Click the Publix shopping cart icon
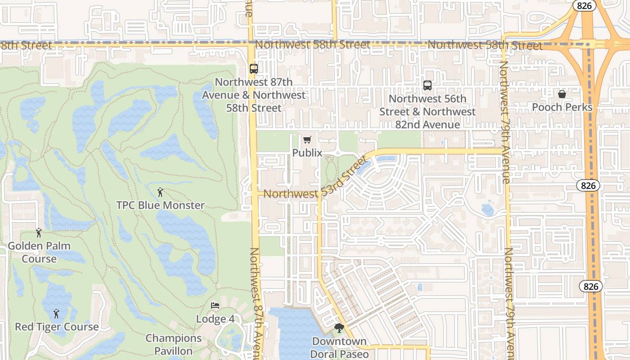[x=307, y=140]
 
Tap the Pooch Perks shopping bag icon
[x=562, y=94]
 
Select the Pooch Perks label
[x=562, y=107]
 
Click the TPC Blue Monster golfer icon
[x=160, y=192]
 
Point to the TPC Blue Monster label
[x=160, y=205]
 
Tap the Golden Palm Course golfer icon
[x=39, y=233]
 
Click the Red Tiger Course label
[x=57, y=327]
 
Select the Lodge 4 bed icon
[x=215, y=306]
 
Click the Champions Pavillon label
[x=174, y=344]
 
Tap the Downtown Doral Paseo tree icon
[x=339, y=328]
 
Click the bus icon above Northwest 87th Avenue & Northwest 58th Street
[x=254, y=69]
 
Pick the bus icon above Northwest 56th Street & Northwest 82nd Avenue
[x=427, y=85]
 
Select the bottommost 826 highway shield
[x=590, y=286]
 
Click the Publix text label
[x=307, y=153]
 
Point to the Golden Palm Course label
[x=39, y=252]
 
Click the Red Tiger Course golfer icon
[x=56, y=314]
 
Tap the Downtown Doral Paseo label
[x=339, y=348]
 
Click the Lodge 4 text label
[x=215, y=319]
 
